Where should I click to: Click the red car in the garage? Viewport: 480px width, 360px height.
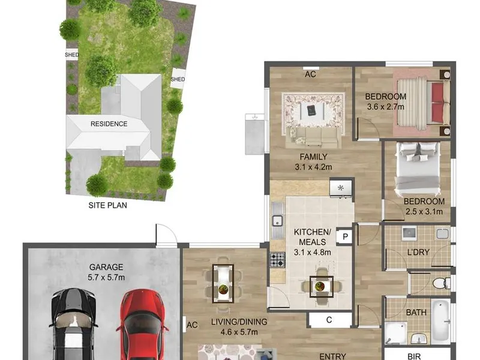click(x=142, y=325)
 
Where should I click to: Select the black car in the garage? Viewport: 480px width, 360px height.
click(x=73, y=325)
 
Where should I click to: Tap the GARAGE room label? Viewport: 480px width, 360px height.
click(x=106, y=267)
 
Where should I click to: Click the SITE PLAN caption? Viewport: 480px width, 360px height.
click(x=108, y=205)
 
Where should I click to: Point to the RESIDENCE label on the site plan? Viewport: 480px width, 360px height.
click(x=109, y=124)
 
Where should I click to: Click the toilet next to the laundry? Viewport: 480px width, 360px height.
click(x=442, y=283)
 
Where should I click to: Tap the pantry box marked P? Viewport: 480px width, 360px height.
click(x=346, y=236)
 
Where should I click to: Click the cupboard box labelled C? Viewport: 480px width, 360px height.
click(x=329, y=320)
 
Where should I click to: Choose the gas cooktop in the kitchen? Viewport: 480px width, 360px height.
click(x=277, y=260)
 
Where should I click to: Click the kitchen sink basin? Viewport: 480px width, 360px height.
click(x=278, y=221)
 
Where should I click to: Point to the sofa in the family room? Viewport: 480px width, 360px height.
click(x=314, y=137)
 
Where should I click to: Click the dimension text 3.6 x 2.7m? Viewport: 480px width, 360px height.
click(x=385, y=107)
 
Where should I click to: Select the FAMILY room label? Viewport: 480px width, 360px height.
click(x=313, y=157)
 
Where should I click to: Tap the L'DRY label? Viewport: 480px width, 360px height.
click(x=418, y=252)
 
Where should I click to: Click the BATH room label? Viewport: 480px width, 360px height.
click(x=416, y=313)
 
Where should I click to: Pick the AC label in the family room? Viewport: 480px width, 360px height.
click(x=310, y=74)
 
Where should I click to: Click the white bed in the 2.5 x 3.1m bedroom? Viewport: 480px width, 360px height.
click(x=418, y=170)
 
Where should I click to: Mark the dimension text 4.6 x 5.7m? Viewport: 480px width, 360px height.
click(x=239, y=332)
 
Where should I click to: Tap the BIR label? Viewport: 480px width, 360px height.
click(x=414, y=356)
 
